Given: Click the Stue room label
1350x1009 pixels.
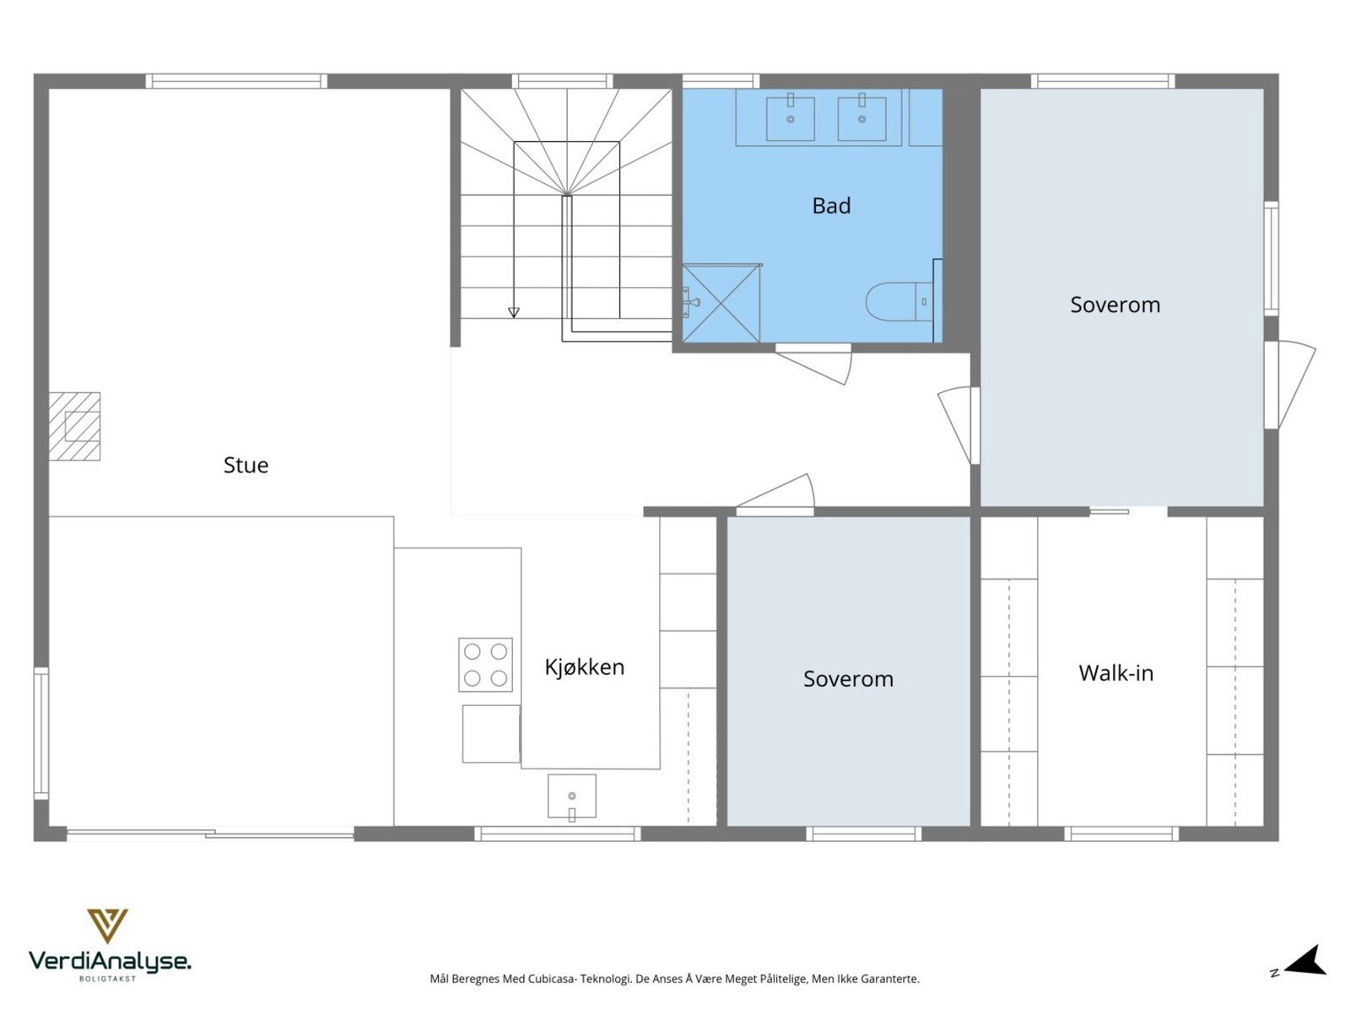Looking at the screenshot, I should click(x=246, y=465).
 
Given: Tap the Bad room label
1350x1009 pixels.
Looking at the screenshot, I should click(x=831, y=206).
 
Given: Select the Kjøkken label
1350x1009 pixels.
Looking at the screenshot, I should click(x=584, y=667).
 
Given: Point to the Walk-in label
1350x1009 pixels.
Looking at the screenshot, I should click(x=1115, y=673).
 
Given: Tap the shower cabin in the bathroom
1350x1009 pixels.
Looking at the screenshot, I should click(x=721, y=304).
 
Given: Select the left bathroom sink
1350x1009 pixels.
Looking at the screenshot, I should click(x=790, y=118).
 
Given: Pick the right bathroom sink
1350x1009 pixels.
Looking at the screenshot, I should click(x=861, y=118).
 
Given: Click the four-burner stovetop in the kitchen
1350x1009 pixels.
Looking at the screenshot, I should click(x=485, y=664).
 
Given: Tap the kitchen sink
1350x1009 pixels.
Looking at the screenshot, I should click(x=571, y=796).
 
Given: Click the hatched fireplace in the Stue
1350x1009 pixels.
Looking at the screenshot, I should click(x=75, y=426).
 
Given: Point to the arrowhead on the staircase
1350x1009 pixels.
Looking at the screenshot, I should click(x=513, y=313).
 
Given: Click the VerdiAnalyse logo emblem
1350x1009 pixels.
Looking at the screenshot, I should click(x=107, y=925).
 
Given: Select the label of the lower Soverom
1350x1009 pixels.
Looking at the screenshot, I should click(x=848, y=679).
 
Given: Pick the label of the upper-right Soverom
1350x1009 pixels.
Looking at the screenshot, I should click(x=1115, y=305).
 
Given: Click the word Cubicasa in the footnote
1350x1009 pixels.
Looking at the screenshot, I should click(x=552, y=979).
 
